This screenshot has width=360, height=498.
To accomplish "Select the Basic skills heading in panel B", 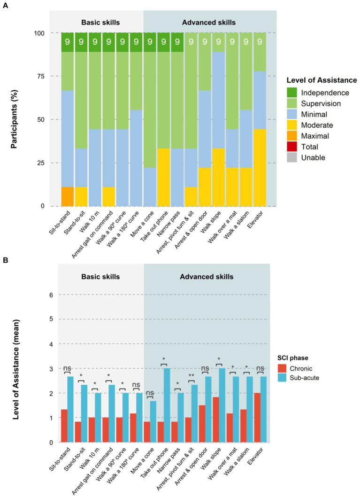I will (x=100, y=276).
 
